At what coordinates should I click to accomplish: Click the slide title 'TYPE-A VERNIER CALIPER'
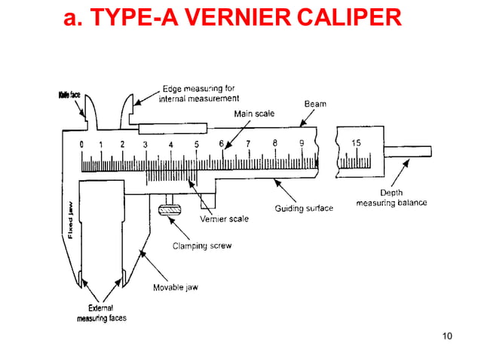click(x=233, y=17)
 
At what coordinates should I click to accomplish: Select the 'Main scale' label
click(x=254, y=114)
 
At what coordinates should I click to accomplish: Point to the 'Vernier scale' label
click(x=224, y=219)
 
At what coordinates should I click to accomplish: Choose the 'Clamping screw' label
click(x=202, y=246)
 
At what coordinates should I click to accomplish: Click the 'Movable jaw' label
click(x=175, y=288)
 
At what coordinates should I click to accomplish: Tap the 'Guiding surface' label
click(x=303, y=208)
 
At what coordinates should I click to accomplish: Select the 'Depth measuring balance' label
click(x=391, y=198)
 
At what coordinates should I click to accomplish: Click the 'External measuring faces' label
click(x=101, y=313)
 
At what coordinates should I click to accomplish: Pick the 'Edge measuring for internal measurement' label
click(x=201, y=93)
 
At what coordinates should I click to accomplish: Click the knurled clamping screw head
click(x=171, y=208)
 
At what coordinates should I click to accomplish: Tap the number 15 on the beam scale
click(x=355, y=143)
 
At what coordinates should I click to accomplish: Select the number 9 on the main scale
click(x=302, y=143)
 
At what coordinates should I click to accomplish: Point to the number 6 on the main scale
click(x=222, y=143)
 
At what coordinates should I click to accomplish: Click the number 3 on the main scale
click(x=145, y=144)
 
